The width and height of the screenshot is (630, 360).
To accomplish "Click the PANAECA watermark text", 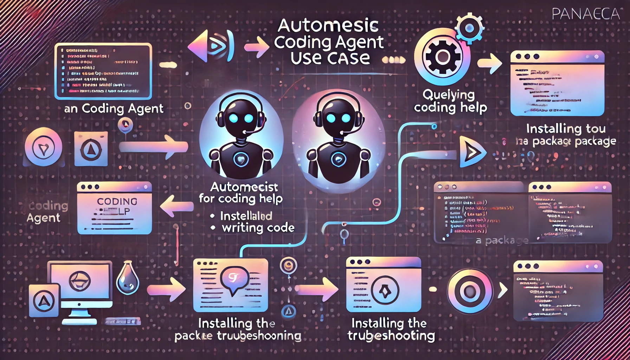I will pos(585,14).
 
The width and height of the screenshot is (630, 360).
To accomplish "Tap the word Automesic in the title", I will pos(328,26).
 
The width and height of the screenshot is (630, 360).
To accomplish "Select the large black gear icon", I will pos(442,56).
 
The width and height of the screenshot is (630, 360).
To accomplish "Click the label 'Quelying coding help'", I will pos(450,101).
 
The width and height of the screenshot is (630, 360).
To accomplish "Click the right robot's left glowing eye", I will pos(331,118).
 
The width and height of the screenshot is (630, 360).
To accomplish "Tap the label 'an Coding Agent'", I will pos(114,109).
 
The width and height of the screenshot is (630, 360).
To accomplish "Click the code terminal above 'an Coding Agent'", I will pos(103,71).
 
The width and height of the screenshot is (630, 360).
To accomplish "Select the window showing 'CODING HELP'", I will pos(114,208).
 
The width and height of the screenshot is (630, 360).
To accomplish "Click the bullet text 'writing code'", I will pos(258,228).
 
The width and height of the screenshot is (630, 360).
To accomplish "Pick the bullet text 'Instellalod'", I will pos(246,216).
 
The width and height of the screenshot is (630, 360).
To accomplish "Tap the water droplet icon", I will pos(127,278).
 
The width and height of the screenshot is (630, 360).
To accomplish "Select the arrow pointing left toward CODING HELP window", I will pos(176,206).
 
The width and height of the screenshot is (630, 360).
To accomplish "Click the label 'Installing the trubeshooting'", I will pos(391,329).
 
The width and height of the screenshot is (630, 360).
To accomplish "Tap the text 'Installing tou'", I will pos(566,129).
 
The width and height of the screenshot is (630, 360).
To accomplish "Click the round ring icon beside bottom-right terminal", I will pos(470,291).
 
